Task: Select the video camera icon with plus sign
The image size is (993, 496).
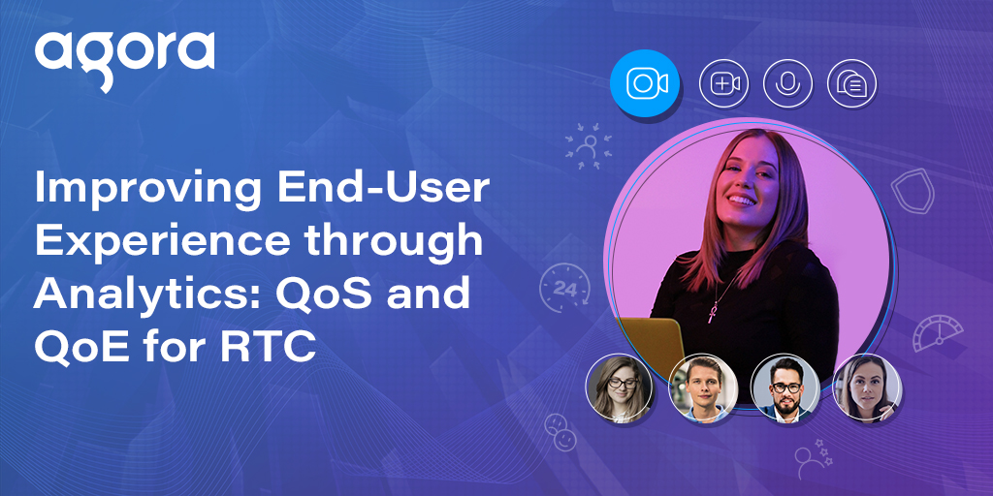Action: pos(724,84)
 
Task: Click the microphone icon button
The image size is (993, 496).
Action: pos(787,84)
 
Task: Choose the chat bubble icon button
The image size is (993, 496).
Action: pos(851,84)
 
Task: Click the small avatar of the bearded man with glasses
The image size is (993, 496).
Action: pos(785,389)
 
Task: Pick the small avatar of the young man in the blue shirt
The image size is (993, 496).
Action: pos(704,389)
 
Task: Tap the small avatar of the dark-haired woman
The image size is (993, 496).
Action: pos(867,389)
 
